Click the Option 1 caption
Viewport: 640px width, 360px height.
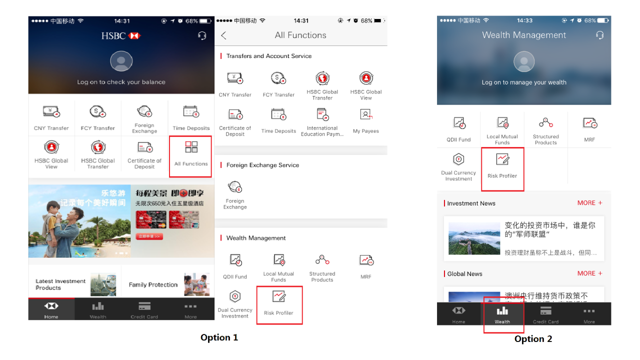pos(219,337)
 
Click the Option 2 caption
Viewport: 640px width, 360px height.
pos(533,339)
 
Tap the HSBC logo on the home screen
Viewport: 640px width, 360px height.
pos(121,36)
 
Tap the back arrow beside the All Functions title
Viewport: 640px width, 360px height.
pos(223,35)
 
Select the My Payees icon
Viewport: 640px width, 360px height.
pos(366,115)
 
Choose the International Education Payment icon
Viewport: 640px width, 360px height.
pos(322,115)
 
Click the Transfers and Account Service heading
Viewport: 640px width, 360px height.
pos(268,56)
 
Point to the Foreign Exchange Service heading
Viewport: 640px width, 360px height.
pos(262,165)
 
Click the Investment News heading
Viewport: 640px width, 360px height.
pos(471,203)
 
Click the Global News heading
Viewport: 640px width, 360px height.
pos(464,274)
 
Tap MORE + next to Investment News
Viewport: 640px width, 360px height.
pos(589,203)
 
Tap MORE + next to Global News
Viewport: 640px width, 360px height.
pos(589,273)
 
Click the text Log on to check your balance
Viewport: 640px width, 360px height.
pos(121,82)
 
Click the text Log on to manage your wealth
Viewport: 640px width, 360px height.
pos(524,82)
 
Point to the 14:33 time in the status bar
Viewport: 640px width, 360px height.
pos(524,20)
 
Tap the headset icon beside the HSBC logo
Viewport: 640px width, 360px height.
pos(202,36)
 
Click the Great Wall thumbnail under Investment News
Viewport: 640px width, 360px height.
pos(474,238)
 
